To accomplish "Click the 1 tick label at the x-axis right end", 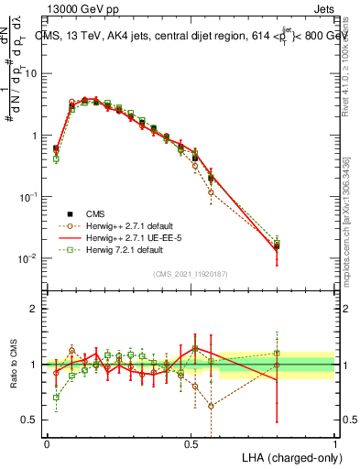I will tap(334, 442).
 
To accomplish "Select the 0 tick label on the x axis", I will tap(47, 442).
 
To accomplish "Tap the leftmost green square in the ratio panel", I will tap(56, 398).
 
